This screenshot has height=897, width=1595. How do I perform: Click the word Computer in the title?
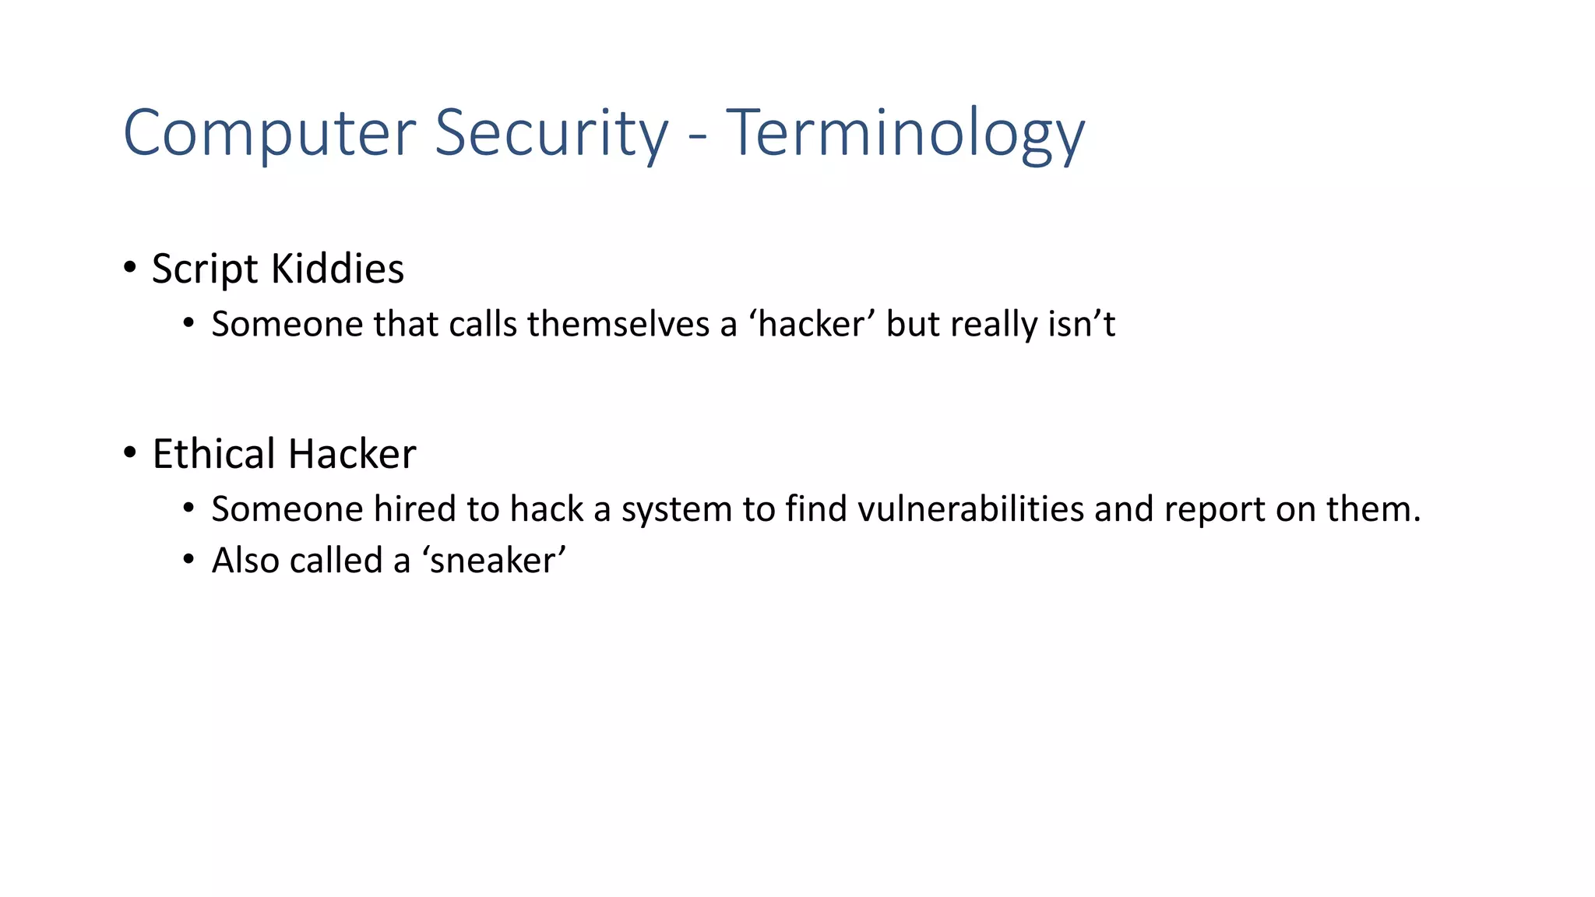pyautogui.click(x=269, y=134)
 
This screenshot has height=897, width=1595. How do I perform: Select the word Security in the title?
pyautogui.click(x=551, y=134)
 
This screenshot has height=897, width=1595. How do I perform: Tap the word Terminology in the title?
pyautogui.click(x=905, y=134)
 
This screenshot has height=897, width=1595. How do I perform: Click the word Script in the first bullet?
pyautogui.click(x=205, y=269)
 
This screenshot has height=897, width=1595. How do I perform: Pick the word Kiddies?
pyautogui.click(x=337, y=269)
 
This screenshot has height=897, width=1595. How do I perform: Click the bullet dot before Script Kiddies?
pyautogui.click(x=130, y=267)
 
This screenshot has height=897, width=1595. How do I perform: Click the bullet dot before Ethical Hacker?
pyautogui.click(x=130, y=452)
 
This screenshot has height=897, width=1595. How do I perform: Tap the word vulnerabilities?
pyautogui.click(x=970, y=509)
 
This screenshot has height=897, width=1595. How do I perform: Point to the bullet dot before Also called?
pyautogui.click(x=188, y=560)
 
